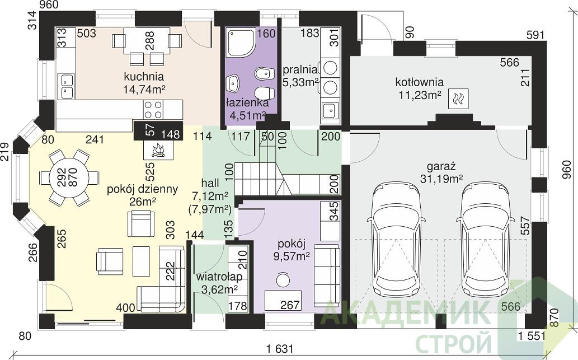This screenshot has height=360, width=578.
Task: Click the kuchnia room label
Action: click(144, 77)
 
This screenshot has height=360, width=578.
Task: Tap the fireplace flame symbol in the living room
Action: click(158, 150)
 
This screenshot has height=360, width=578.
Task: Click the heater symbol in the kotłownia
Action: click(459, 99)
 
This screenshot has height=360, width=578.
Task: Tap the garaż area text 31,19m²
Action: click(441, 179)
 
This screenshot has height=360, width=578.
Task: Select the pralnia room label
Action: click(300, 69)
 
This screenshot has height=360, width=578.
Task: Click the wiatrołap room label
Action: click(219, 277)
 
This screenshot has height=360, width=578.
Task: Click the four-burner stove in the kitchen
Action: click(153, 109)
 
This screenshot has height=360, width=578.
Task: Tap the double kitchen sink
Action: click(67, 86)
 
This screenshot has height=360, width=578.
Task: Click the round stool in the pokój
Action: click(284, 279)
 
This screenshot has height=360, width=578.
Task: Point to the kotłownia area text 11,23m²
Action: click(420, 95)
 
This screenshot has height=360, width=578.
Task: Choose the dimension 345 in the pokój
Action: click(334, 211)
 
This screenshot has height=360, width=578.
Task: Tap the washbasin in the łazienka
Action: click(233, 83)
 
